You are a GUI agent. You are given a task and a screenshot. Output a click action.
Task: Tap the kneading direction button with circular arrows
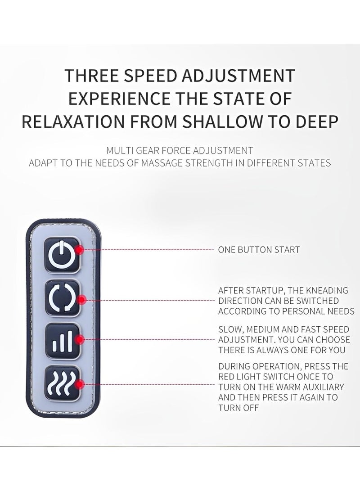point(62,298)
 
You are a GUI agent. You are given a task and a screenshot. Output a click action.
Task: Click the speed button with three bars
point(62,341)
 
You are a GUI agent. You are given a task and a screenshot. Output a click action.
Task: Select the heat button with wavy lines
point(62,383)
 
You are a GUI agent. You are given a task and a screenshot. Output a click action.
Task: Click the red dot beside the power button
point(80,250)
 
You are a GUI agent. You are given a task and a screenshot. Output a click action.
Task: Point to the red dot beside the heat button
point(81,384)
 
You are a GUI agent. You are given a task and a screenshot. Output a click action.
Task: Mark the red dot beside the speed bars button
point(81,340)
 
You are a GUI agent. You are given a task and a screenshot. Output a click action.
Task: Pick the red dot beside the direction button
point(82,300)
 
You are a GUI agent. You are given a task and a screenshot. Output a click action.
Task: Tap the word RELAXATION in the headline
point(73,122)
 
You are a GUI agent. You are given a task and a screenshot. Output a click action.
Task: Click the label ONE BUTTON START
point(259,250)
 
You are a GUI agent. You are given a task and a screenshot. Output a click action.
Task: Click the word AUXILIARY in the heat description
point(323,387)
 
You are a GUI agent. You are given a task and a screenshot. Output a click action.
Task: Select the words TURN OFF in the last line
point(238,408)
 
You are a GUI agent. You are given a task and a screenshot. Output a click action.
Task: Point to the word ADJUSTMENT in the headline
point(238,76)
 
